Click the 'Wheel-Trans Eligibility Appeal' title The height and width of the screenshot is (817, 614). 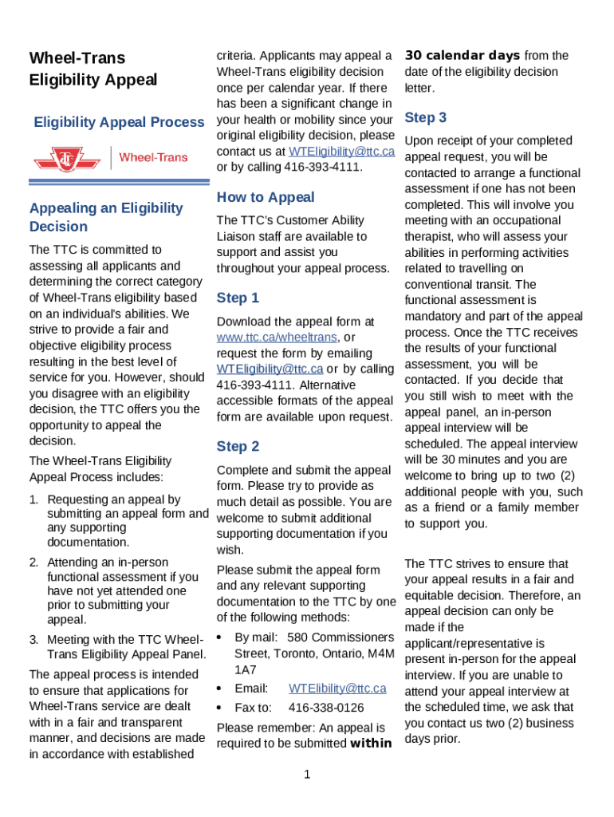(x=93, y=69)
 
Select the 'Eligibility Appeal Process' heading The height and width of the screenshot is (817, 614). (x=119, y=122)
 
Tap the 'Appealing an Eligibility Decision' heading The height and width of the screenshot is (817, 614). (x=106, y=217)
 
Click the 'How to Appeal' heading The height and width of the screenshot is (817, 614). (x=266, y=197)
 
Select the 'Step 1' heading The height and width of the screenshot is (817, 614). (x=238, y=298)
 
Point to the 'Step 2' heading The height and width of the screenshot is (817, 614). (x=238, y=446)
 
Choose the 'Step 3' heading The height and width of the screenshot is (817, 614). (x=426, y=117)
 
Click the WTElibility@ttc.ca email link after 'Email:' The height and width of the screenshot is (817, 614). (x=337, y=688)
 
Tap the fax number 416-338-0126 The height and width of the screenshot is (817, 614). (x=326, y=708)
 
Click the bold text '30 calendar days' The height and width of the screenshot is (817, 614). (x=462, y=55)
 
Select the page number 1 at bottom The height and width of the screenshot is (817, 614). (x=307, y=775)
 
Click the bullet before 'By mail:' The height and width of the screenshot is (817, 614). (x=219, y=637)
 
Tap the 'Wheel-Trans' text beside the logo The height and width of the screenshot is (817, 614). (x=153, y=157)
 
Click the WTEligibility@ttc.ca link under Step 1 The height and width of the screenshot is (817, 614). (x=270, y=369)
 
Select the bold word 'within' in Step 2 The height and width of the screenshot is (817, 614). (x=371, y=744)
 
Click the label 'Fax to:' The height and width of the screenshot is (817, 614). (x=253, y=708)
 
